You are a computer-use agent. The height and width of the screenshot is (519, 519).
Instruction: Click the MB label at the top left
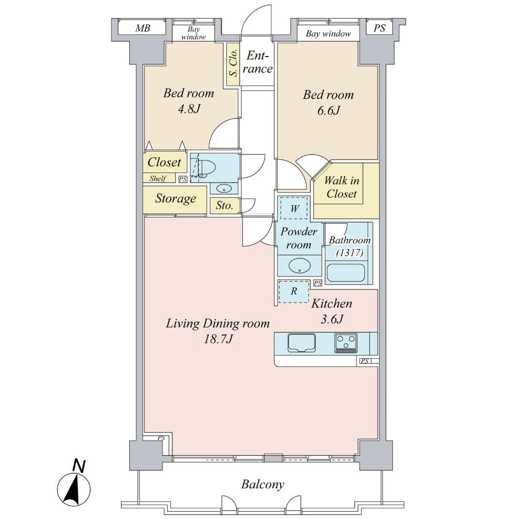click(x=143, y=29)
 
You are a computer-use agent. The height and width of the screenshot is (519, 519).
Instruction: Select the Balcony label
click(x=263, y=485)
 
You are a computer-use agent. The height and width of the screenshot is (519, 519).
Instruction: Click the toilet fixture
click(x=204, y=167)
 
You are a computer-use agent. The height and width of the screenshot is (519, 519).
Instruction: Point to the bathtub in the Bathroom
click(x=346, y=274)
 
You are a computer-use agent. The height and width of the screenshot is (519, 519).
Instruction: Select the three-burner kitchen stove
click(x=346, y=343)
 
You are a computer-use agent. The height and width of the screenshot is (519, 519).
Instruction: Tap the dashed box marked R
click(x=294, y=291)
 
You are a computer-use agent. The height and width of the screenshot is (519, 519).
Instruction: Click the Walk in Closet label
click(x=341, y=187)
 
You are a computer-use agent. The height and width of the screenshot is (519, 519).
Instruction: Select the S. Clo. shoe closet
click(x=233, y=63)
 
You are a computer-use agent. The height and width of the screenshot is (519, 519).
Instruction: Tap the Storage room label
click(x=175, y=198)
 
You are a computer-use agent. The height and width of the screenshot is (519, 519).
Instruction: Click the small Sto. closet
click(x=224, y=206)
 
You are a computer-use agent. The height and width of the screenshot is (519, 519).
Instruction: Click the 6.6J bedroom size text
click(x=328, y=111)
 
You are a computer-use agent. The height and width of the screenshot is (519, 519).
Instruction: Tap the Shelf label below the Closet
click(x=158, y=179)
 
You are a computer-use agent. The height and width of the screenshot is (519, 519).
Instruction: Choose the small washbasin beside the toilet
click(x=224, y=187)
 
